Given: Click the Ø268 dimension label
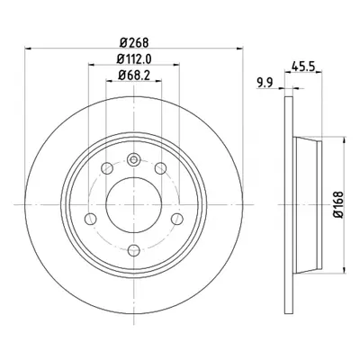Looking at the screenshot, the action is (x=134, y=42).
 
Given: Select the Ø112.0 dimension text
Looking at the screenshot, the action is (x=134, y=59).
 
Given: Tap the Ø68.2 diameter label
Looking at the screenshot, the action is (x=134, y=76).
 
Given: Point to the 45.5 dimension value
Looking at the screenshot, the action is (x=303, y=67).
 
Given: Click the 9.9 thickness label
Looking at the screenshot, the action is (x=265, y=83).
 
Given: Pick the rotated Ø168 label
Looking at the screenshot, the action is (x=338, y=204).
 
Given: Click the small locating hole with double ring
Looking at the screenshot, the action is (x=134, y=159).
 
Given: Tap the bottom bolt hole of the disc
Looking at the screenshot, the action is (x=134, y=250).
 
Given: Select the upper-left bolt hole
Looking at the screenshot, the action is (x=107, y=168).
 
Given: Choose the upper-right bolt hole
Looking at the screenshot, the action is (x=160, y=168).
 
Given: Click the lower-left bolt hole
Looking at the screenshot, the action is (x=91, y=219).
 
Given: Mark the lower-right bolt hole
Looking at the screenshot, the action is (x=177, y=219).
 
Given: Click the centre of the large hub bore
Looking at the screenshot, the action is (x=134, y=204).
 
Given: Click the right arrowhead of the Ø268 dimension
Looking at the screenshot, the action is (x=239, y=48).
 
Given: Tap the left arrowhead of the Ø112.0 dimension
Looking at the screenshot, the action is (x=92, y=64).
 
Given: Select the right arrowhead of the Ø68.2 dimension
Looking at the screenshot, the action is (x=158, y=80).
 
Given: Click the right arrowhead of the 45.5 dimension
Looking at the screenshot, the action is (x=319, y=72).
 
